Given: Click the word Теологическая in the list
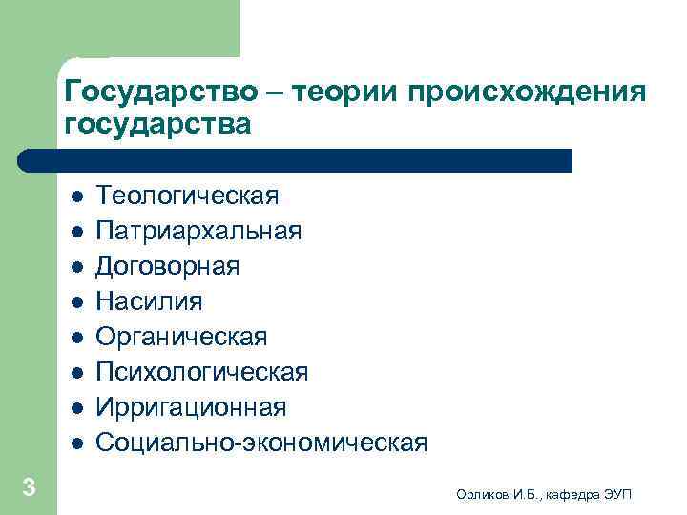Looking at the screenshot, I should coord(187,196).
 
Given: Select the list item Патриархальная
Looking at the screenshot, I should coord(199,231).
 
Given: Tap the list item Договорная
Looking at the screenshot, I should coord(168,266).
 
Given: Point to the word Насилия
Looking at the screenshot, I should coord(150,301).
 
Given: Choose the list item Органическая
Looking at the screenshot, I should coord(182,337).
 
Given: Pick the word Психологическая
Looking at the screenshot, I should coord(202,372).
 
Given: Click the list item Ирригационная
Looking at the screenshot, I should coord(191,407).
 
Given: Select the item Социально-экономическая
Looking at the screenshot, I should coord(262,443).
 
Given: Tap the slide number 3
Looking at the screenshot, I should coord(29,488).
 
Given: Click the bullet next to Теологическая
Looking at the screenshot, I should coord(76,196).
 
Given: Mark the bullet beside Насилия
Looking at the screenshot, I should coord(76,302).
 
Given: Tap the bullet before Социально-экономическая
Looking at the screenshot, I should coord(76,443).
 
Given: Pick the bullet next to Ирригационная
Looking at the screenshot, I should coord(76,408).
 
